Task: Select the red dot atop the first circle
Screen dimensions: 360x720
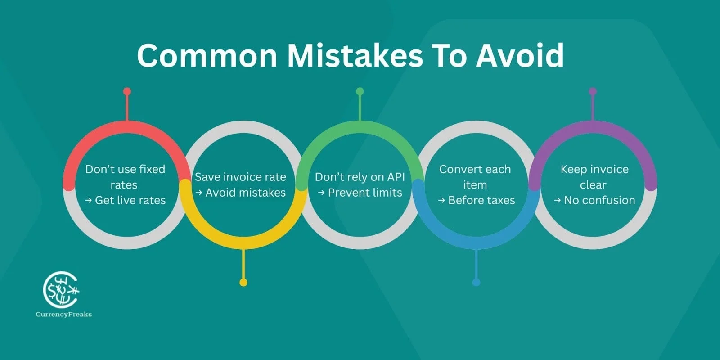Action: point(127,92)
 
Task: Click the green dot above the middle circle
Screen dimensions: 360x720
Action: point(360,92)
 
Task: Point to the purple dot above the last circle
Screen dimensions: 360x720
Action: point(593,92)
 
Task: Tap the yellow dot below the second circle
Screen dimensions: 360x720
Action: point(243,283)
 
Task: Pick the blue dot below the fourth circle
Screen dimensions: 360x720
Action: point(476,283)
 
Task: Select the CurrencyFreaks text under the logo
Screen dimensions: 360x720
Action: point(64,315)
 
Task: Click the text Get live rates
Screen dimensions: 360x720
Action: point(130,200)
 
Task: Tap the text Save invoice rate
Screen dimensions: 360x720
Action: point(240,177)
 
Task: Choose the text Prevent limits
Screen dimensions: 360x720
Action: point(365,193)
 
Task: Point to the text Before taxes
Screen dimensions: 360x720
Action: point(481,200)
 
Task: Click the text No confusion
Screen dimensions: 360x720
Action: point(599,200)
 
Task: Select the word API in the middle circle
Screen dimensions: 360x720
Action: point(396,177)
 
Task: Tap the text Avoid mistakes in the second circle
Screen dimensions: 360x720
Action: point(245,193)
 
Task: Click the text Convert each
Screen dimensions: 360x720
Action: point(475,169)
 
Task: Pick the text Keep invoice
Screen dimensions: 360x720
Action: point(594,169)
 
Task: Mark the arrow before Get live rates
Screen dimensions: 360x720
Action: point(89,201)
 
